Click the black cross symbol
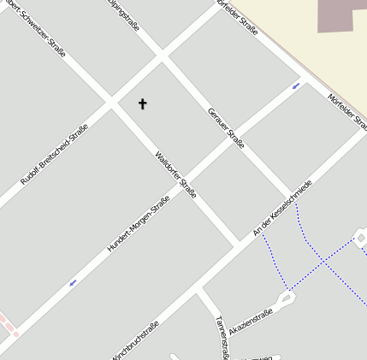point(142,103)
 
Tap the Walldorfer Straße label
point(175,174)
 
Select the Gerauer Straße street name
point(226,127)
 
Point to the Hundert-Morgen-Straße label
point(138,223)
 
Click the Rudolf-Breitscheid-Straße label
point(54,154)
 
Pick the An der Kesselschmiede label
point(282,208)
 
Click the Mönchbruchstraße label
point(134,340)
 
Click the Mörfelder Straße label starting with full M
point(346,112)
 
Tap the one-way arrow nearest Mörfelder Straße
point(296,86)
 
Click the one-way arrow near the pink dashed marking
point(73,281)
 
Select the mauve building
point(342,15)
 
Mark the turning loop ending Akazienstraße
point(285,298)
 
